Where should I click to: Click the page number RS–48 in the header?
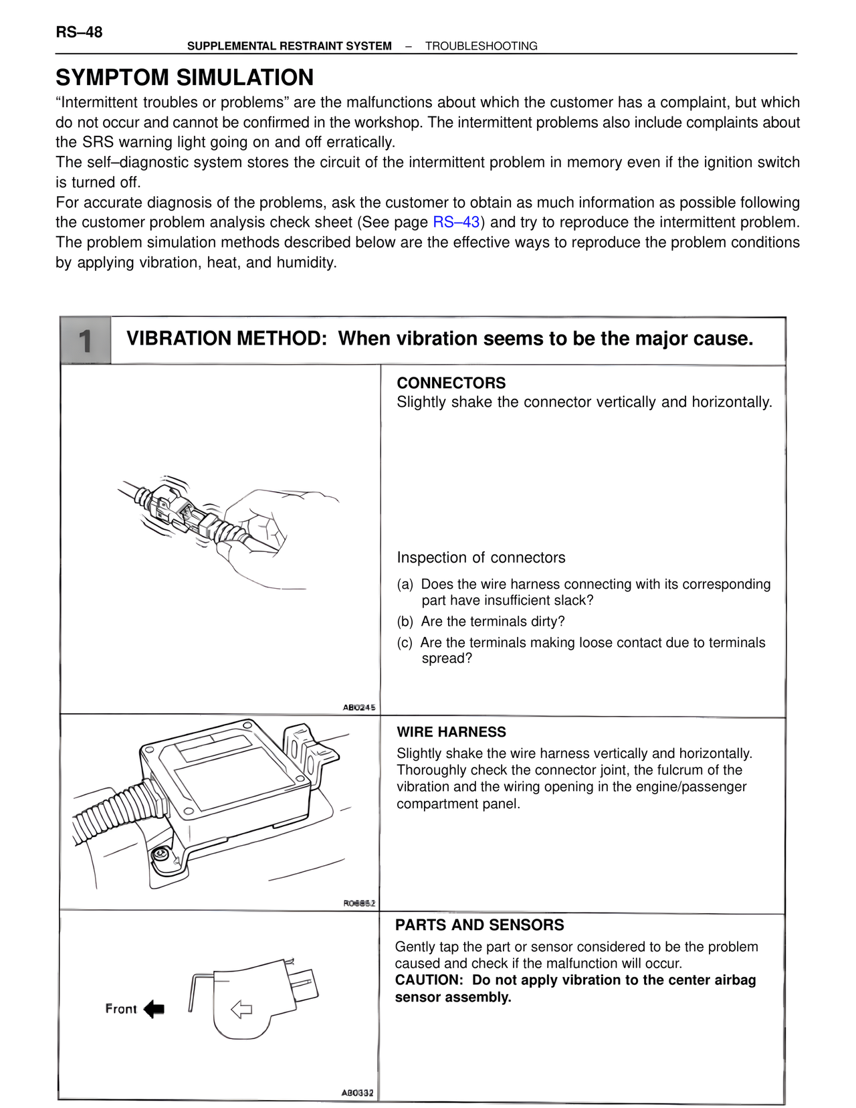click(79, 32)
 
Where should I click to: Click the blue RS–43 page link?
click(456, 222)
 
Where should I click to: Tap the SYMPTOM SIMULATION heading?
click(185, 78)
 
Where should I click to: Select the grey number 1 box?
click(86, 341)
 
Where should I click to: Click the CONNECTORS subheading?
click(451, 383)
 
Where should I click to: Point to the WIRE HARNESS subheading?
click(451, 732)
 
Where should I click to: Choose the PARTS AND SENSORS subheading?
click(479, 925)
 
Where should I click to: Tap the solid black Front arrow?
click(154, 1009)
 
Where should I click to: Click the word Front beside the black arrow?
click(121, 1009)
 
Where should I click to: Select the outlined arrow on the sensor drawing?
click(241, 1009)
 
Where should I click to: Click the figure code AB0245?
click(359, 707)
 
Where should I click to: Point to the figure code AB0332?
click(358, 1093)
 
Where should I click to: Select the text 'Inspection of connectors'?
click(481, 557)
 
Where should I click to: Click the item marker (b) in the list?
click(405, 622)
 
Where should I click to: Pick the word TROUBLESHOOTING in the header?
click(481, 46)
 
